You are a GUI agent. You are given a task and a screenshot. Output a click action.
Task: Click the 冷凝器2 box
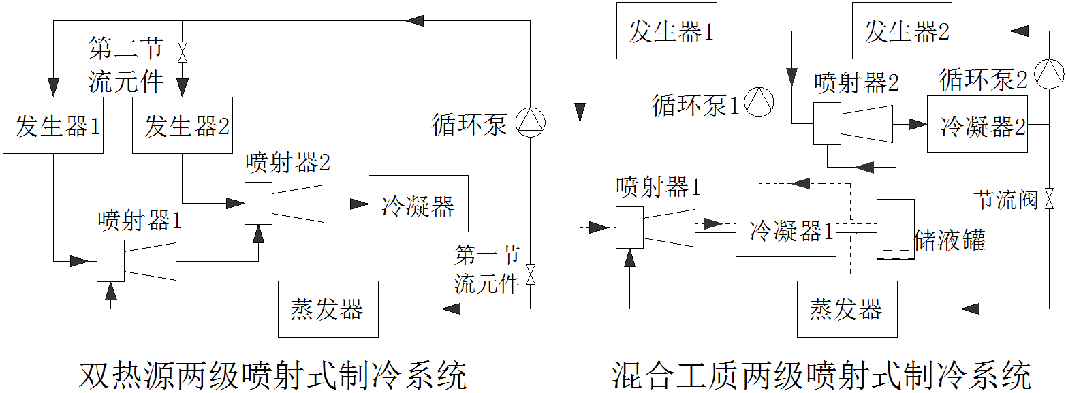coord(977,124)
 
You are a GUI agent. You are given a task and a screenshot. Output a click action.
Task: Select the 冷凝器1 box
coord(785,228)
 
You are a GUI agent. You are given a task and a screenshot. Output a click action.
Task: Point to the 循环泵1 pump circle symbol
coord(758,101)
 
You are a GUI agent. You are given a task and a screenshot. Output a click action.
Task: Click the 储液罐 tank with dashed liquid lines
coord(895,230)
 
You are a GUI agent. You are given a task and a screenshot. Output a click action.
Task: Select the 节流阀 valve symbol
coord(1048,200)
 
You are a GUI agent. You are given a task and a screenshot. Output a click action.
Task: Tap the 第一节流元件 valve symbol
coord(531,275)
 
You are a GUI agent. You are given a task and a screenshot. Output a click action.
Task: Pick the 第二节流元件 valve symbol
coord(183,52)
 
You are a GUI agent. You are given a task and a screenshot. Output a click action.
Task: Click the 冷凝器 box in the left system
coord(418,204)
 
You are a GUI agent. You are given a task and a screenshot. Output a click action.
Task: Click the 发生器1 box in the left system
coord(52,125)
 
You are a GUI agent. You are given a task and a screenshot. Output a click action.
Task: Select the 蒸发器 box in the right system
coord(847,309)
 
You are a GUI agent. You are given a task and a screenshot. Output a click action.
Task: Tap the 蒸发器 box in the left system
coord(328,309)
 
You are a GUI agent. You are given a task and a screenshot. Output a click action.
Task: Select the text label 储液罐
coord(950,240)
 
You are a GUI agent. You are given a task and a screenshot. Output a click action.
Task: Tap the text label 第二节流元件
coord(126,65)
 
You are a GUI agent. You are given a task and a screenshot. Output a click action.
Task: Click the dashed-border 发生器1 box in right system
coord(666,31)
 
